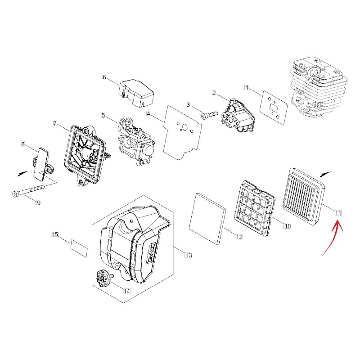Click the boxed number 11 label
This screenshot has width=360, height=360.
(x=338, y=213)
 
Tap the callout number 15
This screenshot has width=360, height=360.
(x=55, y=234)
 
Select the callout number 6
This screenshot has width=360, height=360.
(x=104, y=77)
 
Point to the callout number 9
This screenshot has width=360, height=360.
(x=39, y=203)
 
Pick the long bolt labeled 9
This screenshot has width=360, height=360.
(x=29, y=190)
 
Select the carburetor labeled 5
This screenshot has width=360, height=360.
(x=136, y=141)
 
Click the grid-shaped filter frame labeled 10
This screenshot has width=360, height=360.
(x=254, y=208)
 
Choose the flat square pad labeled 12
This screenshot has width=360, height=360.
(x=207, y=219)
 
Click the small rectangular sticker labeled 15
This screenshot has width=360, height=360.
(x=79, y=248)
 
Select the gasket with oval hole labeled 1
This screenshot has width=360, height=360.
(x=274, y=108)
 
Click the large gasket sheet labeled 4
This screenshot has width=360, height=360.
(x=183, y=132)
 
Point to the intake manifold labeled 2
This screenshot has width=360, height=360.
(x=238, y=116)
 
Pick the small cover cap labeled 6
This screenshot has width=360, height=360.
(x=136, y=93)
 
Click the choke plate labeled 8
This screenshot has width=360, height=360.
(x=42, y=164)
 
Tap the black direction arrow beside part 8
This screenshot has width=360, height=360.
(x=23, y=173)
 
